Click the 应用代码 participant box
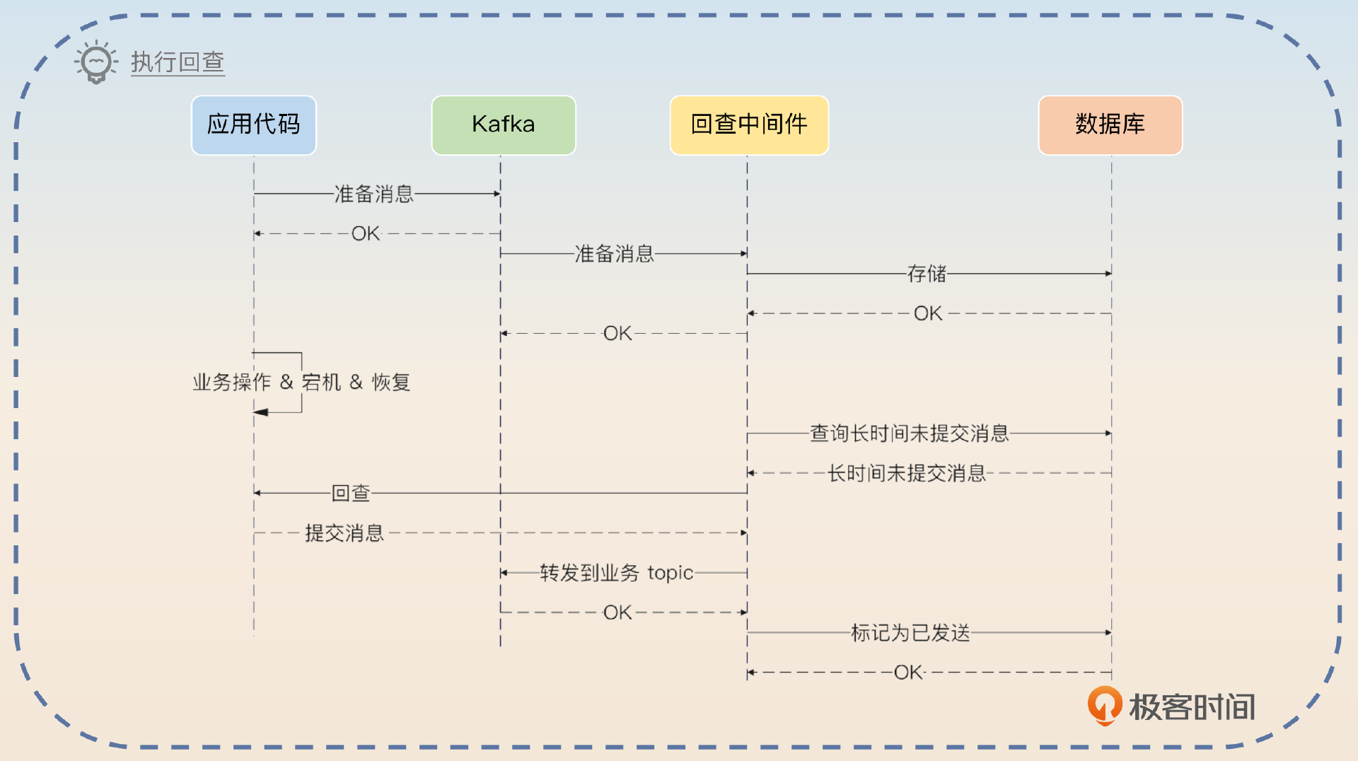[254, 125]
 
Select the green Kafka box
[504, 125]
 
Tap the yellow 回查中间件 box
[749, 125]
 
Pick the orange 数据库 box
[1110, 125]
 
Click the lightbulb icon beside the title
[95, 62]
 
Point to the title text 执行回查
[178, 62]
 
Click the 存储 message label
[927, 274]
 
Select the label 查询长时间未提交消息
[909, 434]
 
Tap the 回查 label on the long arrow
[351, 493]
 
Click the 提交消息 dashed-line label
[344, 533]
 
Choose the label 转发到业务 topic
[616, 573]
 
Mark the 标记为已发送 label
[910, 633]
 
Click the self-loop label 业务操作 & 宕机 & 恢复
[301, 383]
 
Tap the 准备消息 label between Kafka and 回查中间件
[614, 254]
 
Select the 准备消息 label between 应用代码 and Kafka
[373, 194]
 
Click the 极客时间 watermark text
[1192, 707]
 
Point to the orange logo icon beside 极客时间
[1104, 705]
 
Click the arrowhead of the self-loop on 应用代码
[260, 412]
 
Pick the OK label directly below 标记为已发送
[909, 673]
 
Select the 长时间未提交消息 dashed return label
[907, 473]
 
